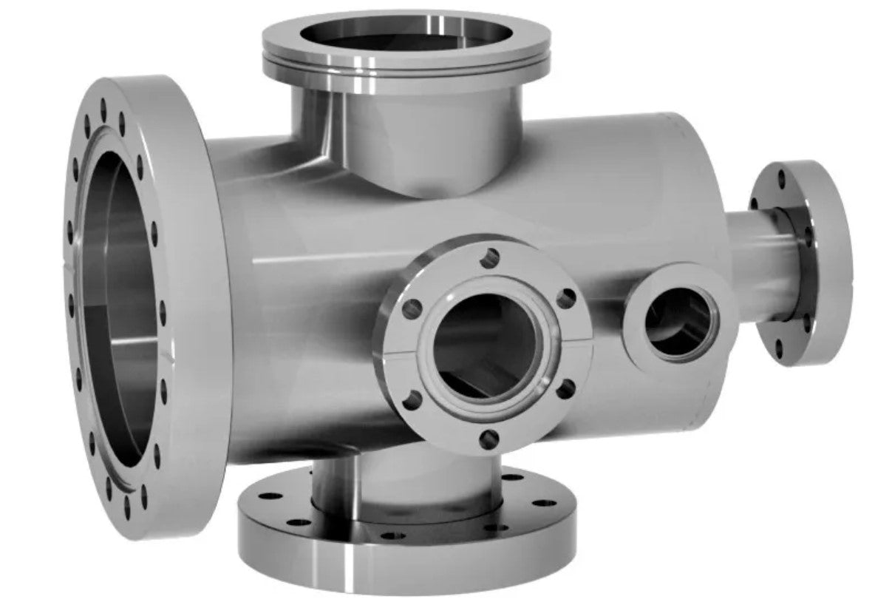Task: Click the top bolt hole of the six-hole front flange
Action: pyautogui.click(x=490, y=258)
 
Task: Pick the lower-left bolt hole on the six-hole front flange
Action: pyautogui.click(x=413, y=399)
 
